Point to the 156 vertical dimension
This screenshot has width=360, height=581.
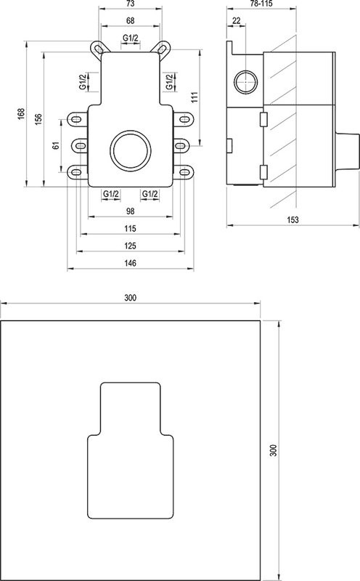coord(38,118)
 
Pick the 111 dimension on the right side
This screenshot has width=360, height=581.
coord(195,97)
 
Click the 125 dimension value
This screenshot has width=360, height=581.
coord(131,246)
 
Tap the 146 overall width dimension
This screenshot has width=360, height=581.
coord(131,264)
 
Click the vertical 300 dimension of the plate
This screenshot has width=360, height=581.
coord(273,450)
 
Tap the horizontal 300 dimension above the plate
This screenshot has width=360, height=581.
coord(131,298)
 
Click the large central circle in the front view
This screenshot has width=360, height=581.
coord(130,151)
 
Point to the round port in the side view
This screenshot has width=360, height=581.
coord(245,80)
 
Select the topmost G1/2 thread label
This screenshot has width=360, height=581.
coord(131,37)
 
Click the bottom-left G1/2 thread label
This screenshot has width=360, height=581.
coord(110,193)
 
